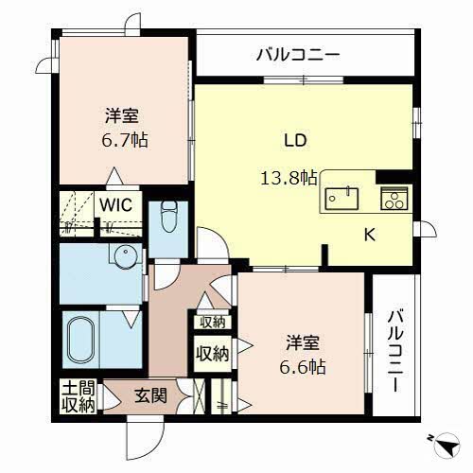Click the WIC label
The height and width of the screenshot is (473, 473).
pyautogui.click(x=117, y=204)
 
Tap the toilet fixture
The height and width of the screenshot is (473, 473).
pyautogui.click(x=168, y=219)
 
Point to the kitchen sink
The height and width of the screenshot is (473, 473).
pyautogui.click(x=343, y=198)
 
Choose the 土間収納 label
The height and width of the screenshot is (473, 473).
pyautogui.click(x=79, y=396)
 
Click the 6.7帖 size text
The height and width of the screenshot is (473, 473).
pyautogui.click(x=125, y=139)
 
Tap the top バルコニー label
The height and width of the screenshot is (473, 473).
pyautogui.click(x=296, y=54)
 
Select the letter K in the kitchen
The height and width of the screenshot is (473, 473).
pyautogui.click(x=371, y=236)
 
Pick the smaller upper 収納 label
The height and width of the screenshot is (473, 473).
pyautogui.click(x=212, y=323)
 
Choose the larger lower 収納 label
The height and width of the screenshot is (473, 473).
pyautogui.click(x=212, y=355)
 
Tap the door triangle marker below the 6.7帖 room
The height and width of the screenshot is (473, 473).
pyautogui.click(x=114, y=177)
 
